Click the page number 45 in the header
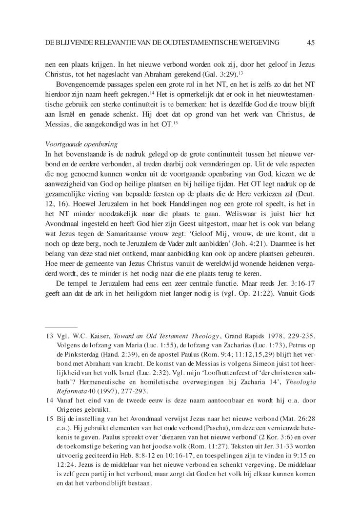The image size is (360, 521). (311, 43)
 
